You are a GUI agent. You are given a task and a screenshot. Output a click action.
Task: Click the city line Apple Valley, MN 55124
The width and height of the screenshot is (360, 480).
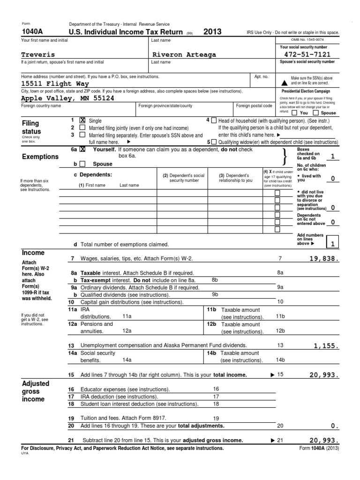point(67,98)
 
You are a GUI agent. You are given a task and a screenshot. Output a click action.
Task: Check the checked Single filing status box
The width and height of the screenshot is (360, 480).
point(82,120)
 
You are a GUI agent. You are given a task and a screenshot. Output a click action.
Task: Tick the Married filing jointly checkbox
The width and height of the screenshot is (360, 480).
point(82,127)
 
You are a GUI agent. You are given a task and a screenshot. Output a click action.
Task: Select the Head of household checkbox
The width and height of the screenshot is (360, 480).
point(214,120)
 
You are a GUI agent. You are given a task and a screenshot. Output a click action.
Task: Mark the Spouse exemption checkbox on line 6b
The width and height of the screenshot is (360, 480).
point(82,164)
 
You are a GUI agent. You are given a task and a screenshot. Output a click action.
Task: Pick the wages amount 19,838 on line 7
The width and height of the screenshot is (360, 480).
point(323,258)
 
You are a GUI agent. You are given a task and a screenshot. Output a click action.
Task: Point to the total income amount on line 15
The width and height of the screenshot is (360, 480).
point(323,375)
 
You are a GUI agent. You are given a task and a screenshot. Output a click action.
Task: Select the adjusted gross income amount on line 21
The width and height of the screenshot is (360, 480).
point(323,440)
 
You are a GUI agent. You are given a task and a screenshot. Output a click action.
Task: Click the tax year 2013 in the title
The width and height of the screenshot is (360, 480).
point(212,32)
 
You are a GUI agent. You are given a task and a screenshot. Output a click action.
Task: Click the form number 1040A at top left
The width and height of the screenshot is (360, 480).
point(31,32)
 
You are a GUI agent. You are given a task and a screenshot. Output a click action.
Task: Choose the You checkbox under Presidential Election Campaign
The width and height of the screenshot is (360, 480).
point(294,113)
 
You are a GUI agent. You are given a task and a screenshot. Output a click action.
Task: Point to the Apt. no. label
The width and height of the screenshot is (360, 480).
point(261,76)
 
